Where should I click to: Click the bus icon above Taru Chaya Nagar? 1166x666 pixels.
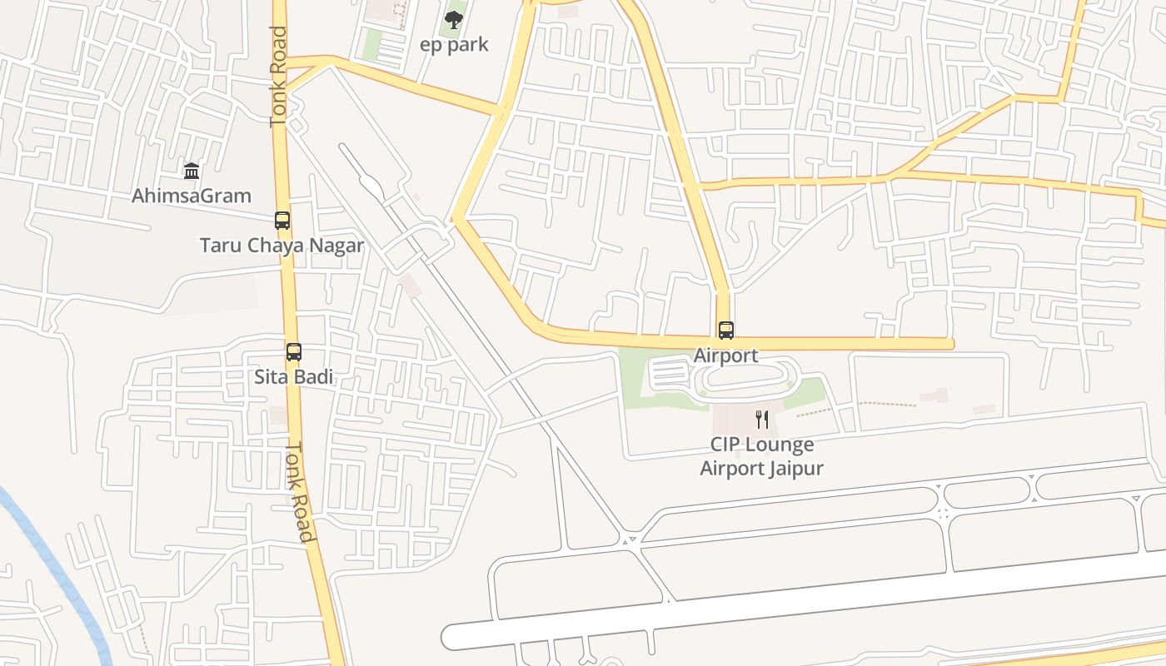click(282, 221)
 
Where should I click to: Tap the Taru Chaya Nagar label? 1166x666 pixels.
click(282, 246)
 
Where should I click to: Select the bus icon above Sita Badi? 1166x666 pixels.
click(293, 351)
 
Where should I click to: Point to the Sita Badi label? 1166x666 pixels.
click(293, 377)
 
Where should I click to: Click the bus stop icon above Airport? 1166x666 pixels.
click(726, 331)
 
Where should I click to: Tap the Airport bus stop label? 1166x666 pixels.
click(726, 355)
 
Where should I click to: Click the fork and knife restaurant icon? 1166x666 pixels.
click(761, 419)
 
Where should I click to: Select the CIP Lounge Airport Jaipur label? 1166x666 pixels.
click(761, 456)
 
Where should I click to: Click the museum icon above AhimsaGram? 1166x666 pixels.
click(192, 171)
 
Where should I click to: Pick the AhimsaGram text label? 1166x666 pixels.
click(192, 196)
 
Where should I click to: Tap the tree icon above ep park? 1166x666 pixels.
click(453, 20)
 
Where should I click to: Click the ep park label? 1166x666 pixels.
click(454, 45)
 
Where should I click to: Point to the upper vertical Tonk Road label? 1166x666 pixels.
click(278, 77)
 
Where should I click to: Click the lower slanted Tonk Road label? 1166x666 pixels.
click(301, 491)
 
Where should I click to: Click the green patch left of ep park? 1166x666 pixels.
click(371, 45)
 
